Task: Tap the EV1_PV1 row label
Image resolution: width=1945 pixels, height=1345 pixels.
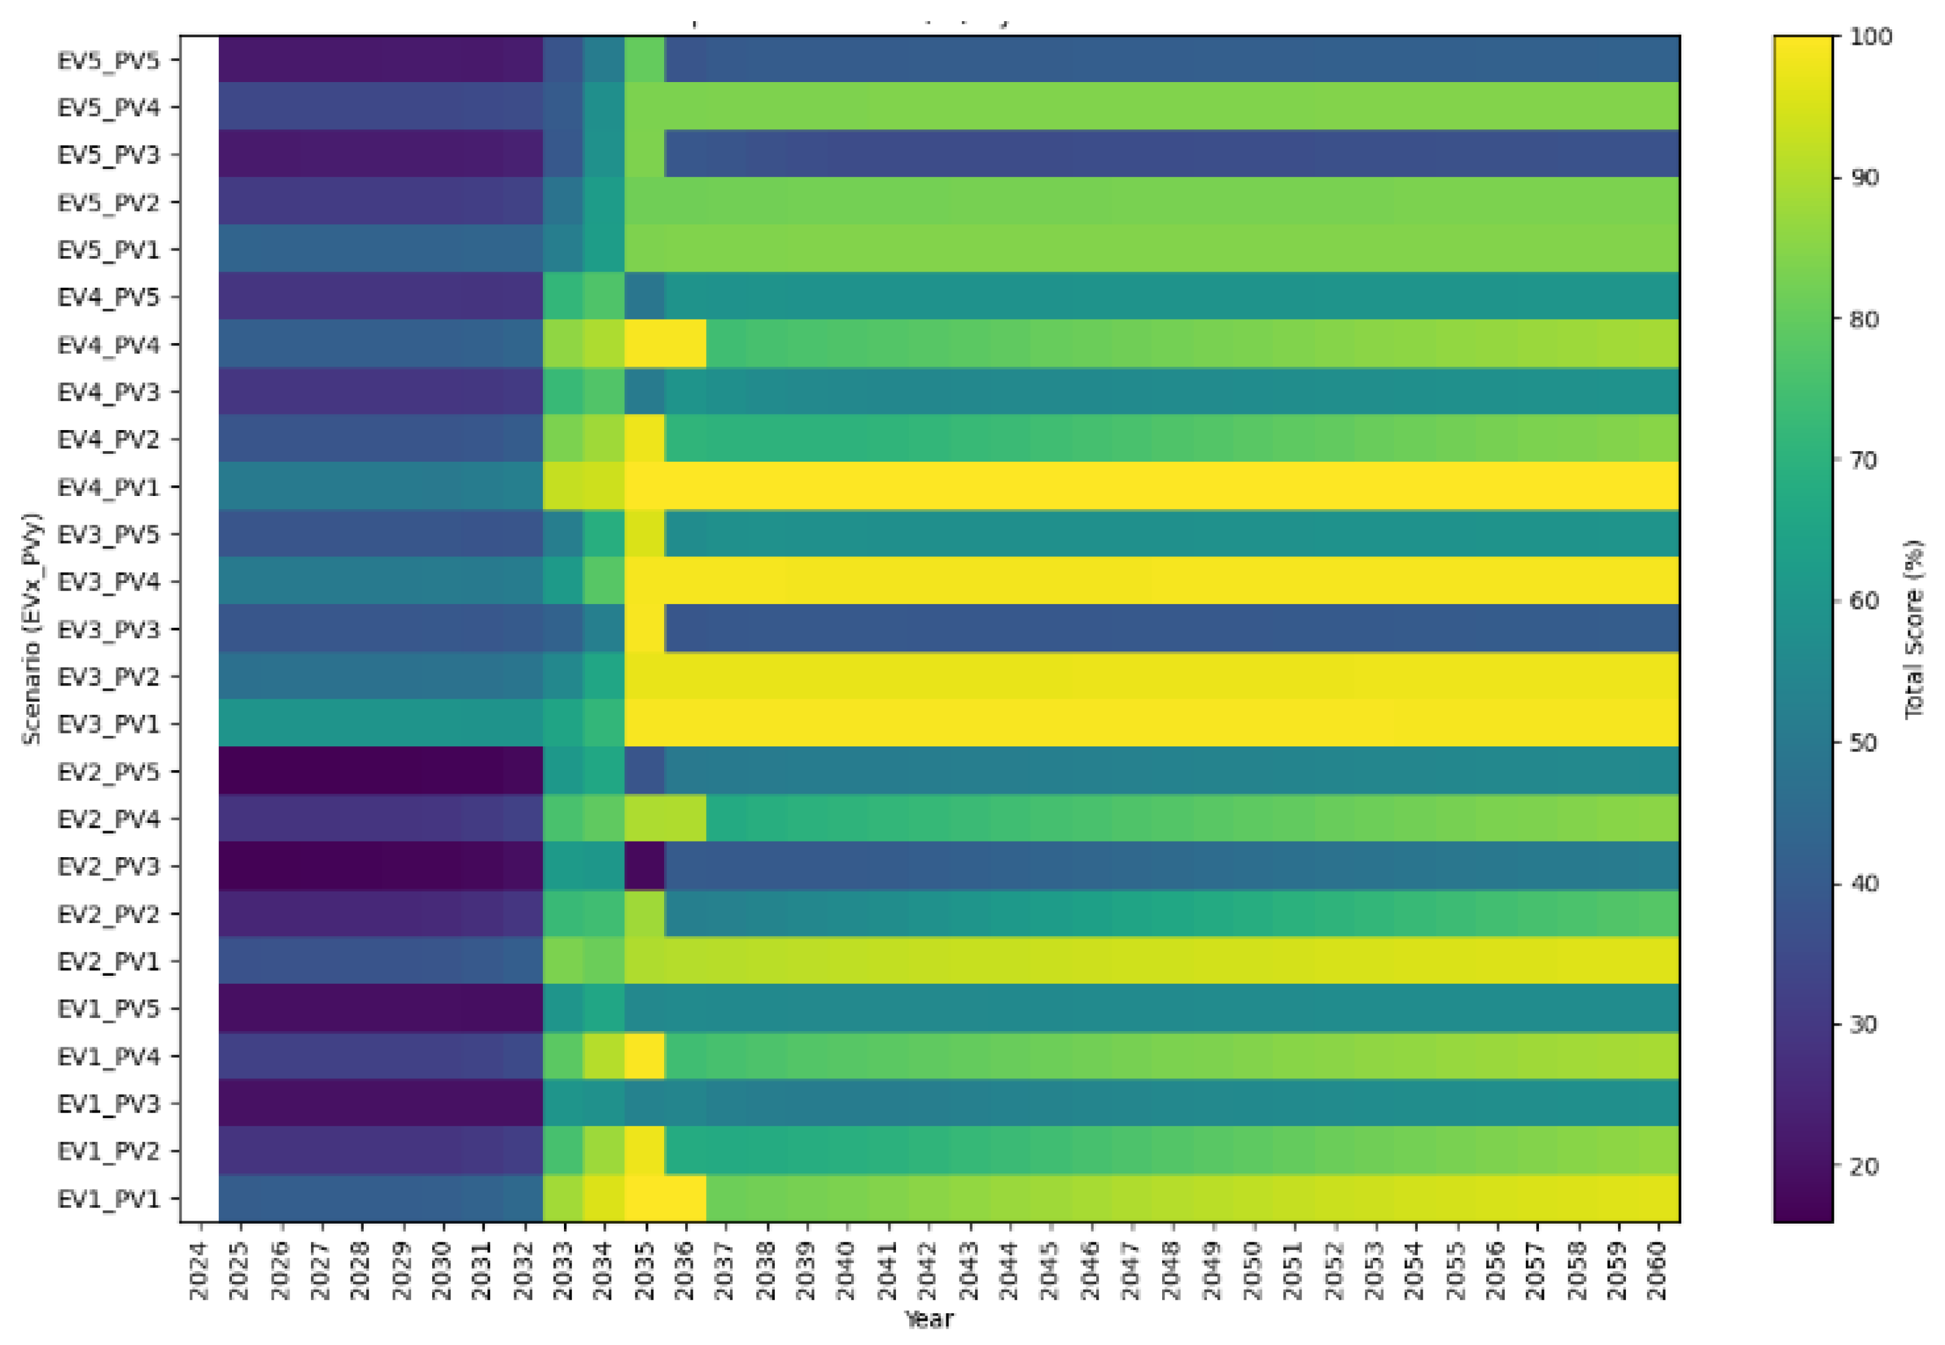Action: pyautogui.click(x=108, y=1198)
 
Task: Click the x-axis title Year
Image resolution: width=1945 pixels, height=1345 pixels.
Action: pyautogui.click(x=928, y=1320)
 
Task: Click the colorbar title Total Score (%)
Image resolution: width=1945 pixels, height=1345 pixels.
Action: pyautogui.click(x=1914, y=628)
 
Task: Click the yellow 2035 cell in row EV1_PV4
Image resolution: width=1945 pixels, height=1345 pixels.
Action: pyautogui.click(x=645, y=1056)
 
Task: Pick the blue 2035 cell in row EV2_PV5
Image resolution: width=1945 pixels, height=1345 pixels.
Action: pyautogui.click(x=645, y=772)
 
